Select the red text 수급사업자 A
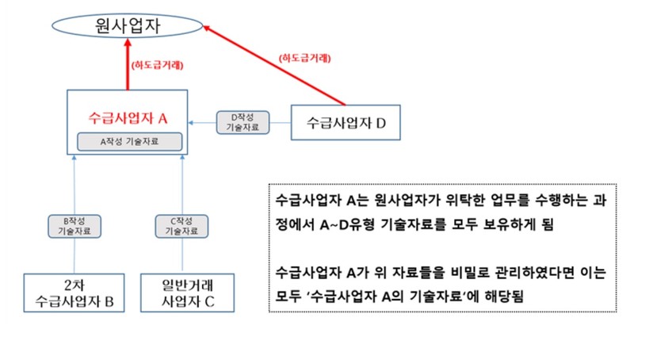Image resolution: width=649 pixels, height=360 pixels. click(x=128, y=118)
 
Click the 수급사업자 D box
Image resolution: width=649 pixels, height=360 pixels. click(x=344, y=122)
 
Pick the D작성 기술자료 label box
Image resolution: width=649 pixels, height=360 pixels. click(x=242, y=122)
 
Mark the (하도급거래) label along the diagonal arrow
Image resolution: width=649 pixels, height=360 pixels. click(x=304, y=57)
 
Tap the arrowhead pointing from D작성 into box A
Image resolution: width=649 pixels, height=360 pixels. click(x=193, y=122)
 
